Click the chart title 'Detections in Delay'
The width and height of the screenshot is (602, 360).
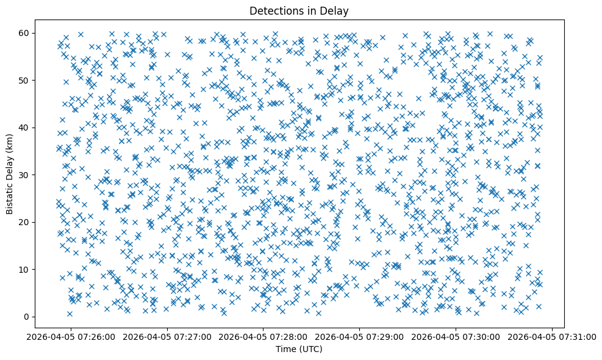click(299, 10)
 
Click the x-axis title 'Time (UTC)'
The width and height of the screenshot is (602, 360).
click(299, 349)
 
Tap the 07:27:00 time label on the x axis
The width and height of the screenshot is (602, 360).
click(168, 336)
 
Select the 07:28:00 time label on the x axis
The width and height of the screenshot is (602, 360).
click(263, 336)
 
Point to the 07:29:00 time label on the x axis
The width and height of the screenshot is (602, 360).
click(359, 336)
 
